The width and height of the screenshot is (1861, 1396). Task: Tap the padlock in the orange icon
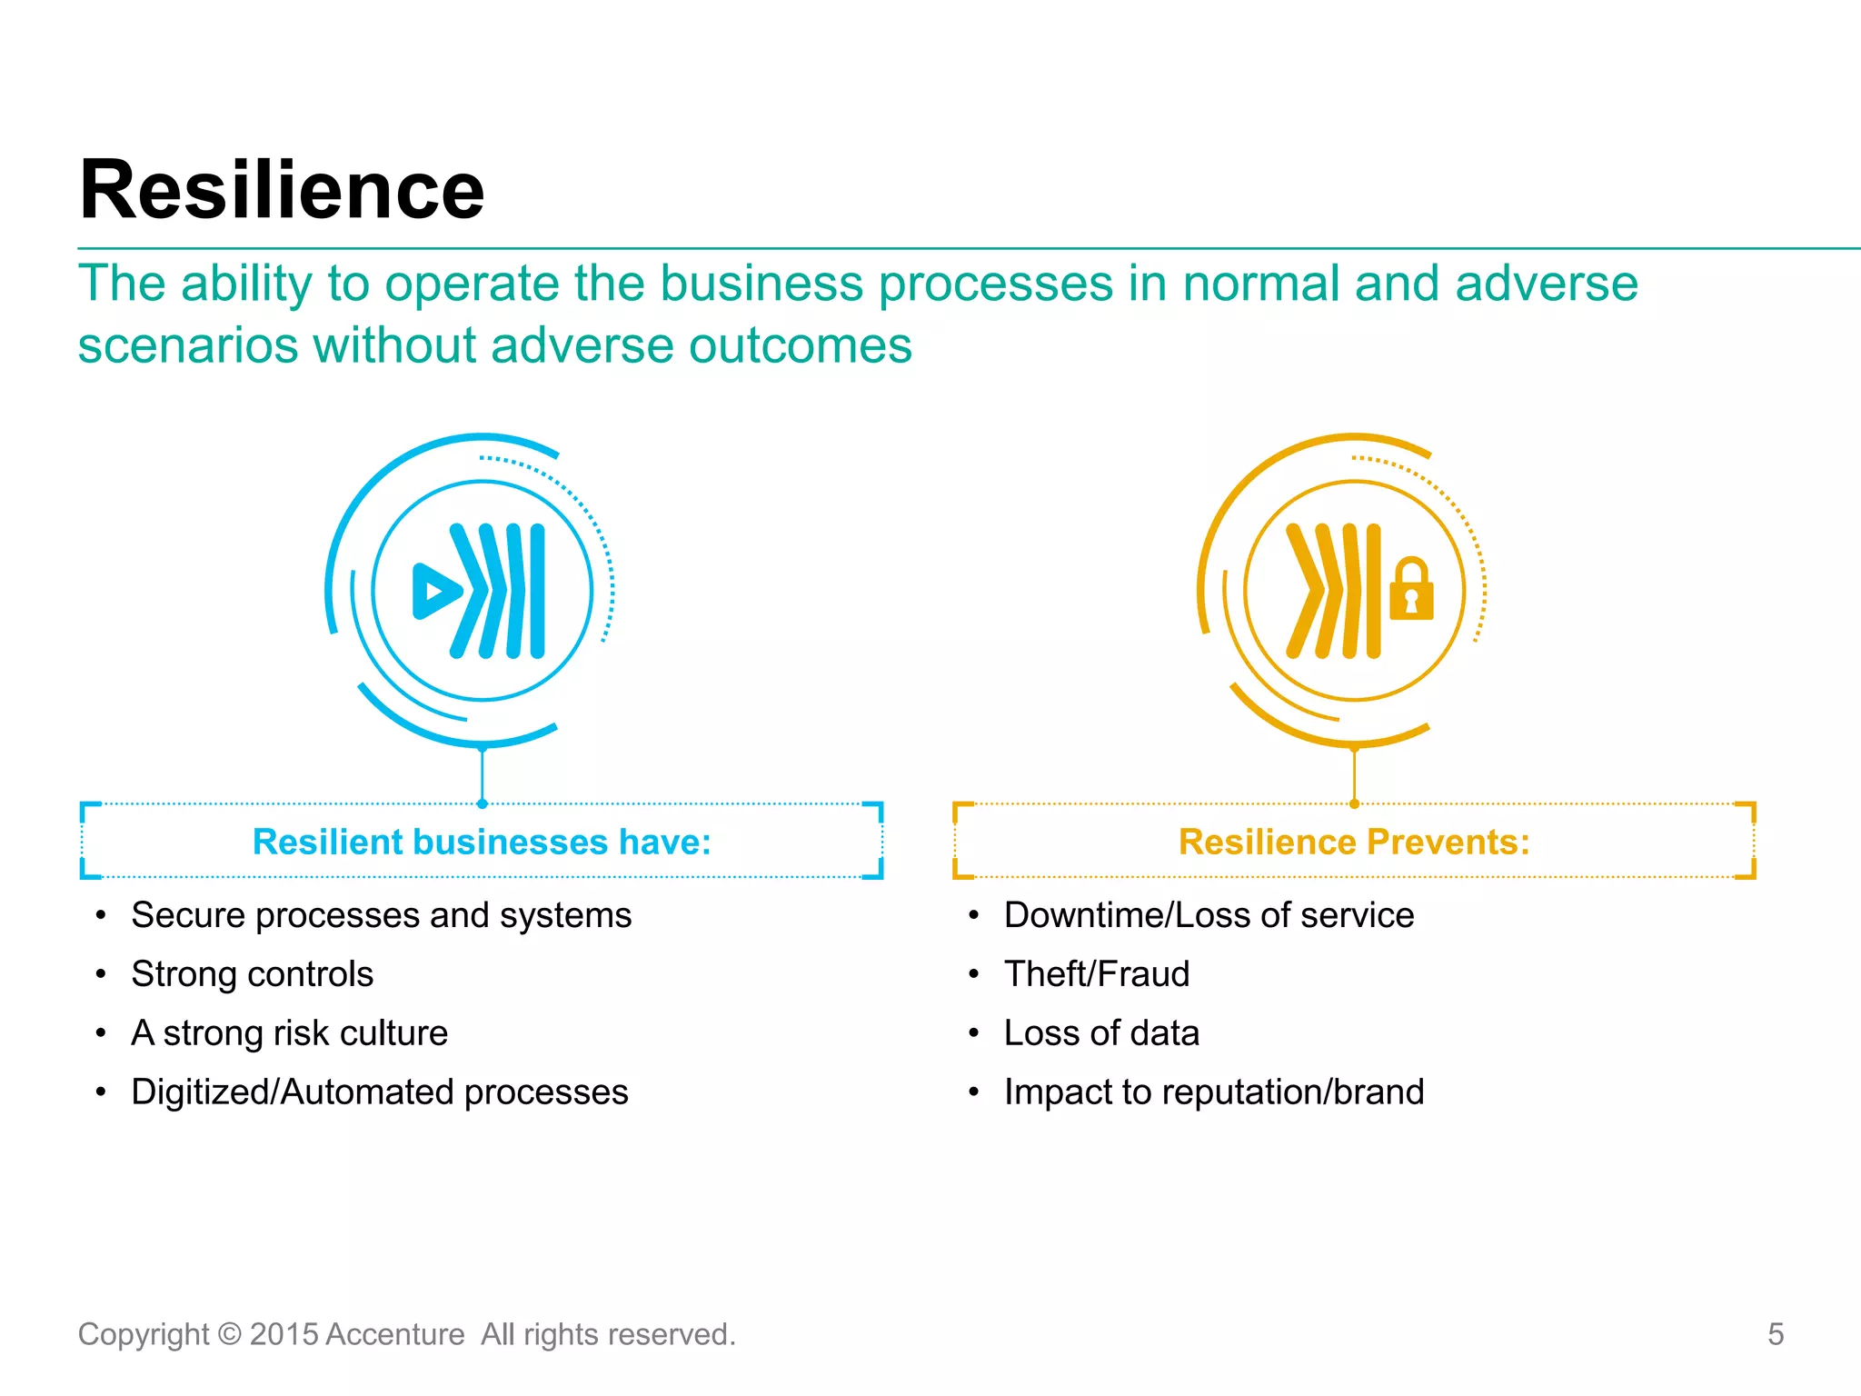tap(1411, 591)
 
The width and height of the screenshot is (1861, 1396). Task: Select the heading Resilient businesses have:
tap(482, 842)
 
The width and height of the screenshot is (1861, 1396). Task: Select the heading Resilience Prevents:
tap(1354, 842)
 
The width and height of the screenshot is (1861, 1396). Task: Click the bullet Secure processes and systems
tap(381, 915)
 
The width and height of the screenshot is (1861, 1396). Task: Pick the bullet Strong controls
tap(252, 974)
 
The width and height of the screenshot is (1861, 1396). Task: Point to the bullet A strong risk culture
tap(289, 1033)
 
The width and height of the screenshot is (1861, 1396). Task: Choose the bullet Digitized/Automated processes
tap(379, 1092)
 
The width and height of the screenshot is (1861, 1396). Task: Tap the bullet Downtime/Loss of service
tap(1209, 915)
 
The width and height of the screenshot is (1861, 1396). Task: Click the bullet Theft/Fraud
tap(1097, 974)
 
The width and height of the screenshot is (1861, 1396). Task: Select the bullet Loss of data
tap(1101, 1033)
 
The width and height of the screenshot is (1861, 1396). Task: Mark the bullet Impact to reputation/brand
tap(1214, 1092)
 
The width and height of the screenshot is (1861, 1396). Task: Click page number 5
tap(1776, 1334)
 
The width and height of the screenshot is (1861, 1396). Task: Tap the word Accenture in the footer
tap(395, 1334)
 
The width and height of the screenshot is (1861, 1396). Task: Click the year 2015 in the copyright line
tap(284, 1334)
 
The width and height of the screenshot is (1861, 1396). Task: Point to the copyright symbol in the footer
tap(230, 1334)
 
